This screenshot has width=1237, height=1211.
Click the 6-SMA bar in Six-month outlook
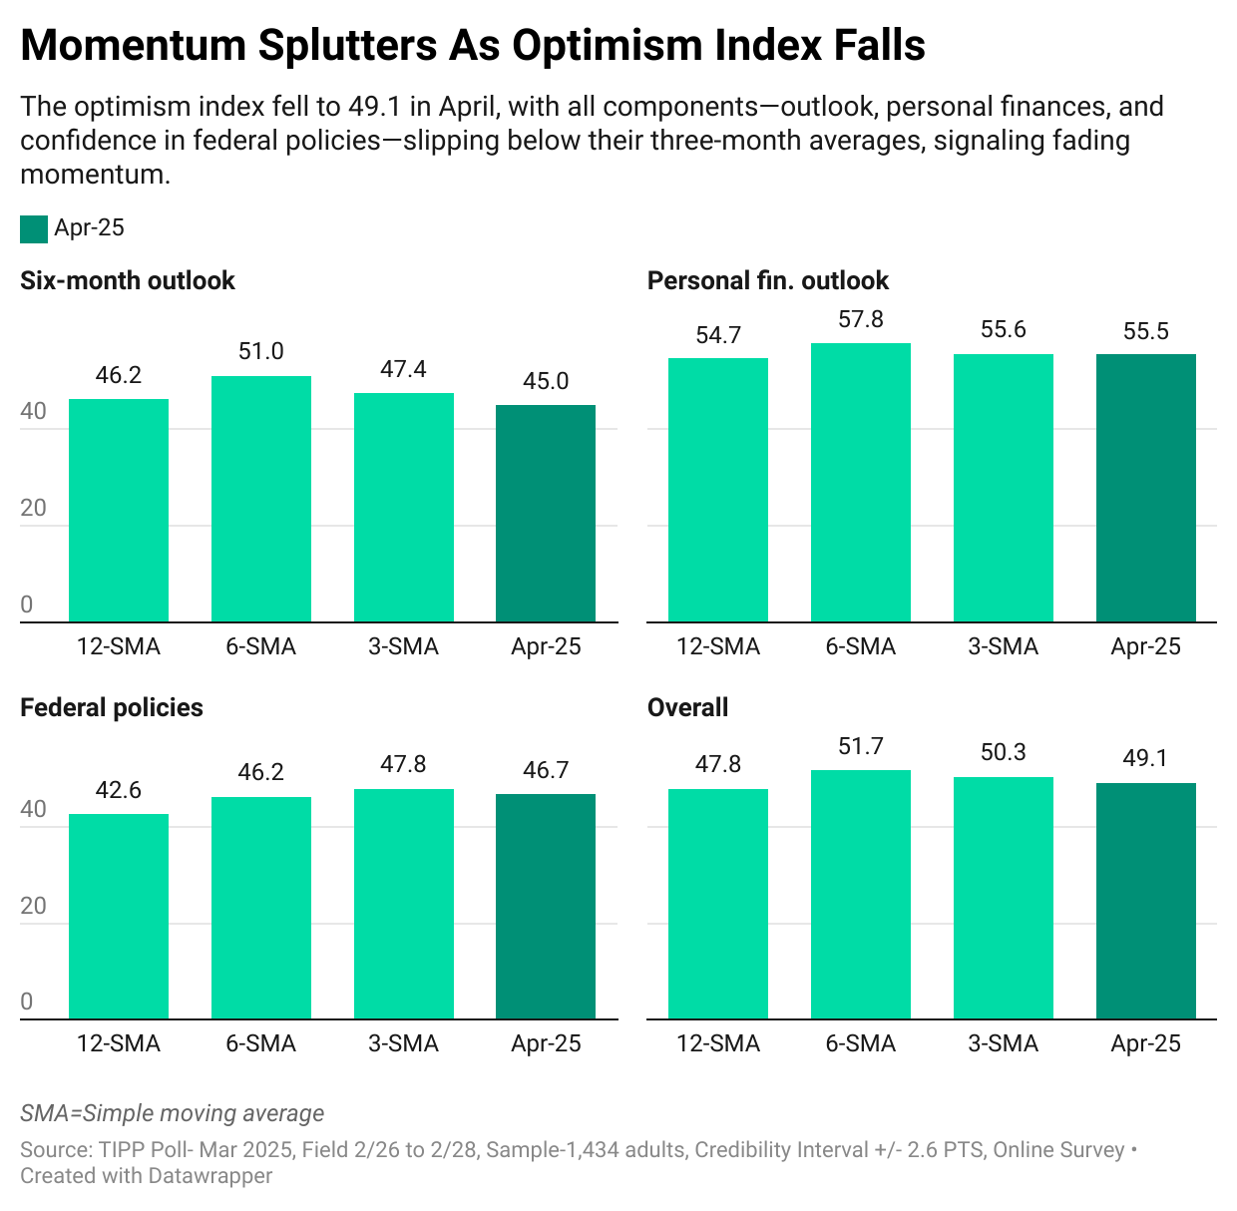pos(261,499)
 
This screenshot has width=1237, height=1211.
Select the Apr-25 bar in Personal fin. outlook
pos(1145,488)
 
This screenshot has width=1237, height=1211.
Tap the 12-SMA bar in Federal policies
pos(119,916)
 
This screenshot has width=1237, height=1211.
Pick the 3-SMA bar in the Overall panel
pos(1003,898)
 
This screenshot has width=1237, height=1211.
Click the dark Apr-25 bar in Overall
pos(1145,901)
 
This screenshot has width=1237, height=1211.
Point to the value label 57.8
pos(861,320)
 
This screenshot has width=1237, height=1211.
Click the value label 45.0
pos(546,382)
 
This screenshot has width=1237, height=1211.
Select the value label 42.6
pos(119,791)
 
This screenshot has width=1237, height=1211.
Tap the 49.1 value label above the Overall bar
pos(1145,759)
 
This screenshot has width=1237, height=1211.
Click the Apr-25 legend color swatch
pos(34,228)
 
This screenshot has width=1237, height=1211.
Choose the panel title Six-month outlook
pos(128,281)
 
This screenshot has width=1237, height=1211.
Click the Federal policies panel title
pos(112,708)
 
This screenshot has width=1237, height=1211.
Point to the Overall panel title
pos(687,708)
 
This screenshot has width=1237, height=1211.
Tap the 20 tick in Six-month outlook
pos(34,509)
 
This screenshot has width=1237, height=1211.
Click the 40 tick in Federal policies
pos(34,810)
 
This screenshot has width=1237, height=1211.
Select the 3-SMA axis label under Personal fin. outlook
pos(1003,647)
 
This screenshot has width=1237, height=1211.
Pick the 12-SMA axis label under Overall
pos(718,1044)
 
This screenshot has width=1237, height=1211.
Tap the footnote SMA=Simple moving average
pos(173,1114)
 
